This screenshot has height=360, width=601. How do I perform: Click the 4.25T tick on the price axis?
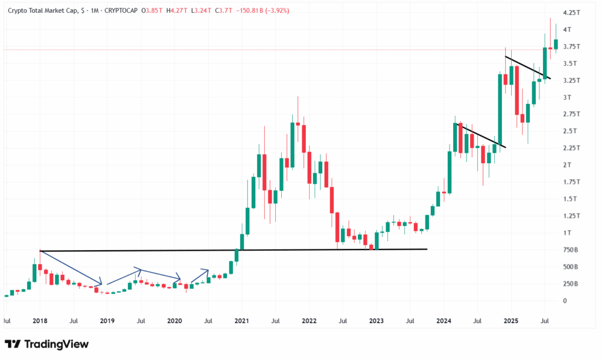pos(570,12)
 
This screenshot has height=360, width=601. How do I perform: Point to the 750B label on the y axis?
pos(570,250)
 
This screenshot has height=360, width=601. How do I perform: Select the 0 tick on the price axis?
pos(565,301)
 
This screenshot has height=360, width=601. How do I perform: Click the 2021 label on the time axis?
pos(241,321)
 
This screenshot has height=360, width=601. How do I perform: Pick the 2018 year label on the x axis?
pos(40,321)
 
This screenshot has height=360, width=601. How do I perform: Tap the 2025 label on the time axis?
pos(510,321)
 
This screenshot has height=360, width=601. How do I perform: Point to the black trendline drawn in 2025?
pos(528,67)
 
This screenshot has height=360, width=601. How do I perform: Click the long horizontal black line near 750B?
pos(235,250)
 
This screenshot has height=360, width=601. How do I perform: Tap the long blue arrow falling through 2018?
pos(70,268)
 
